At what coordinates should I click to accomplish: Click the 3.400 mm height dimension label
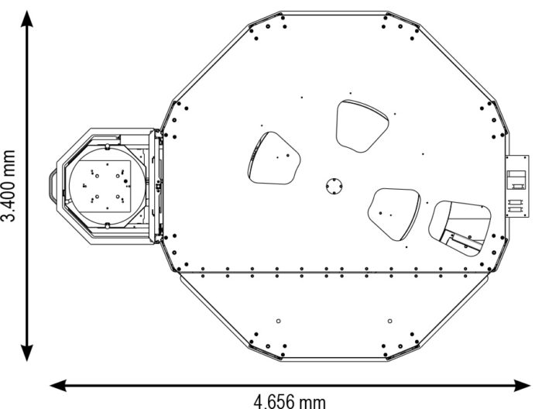tap(9, 186)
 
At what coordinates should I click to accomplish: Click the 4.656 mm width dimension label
tap(290, 401)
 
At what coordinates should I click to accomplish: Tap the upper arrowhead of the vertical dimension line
tap(27, 19)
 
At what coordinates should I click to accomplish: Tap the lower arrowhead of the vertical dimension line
tap(27, 352)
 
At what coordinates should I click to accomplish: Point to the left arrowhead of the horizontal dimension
tap(58, 386)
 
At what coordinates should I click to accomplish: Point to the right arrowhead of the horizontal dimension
tap(523, 386)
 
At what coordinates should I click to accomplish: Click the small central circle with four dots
tap(334, 186)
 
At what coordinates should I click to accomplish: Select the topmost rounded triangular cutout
tap(362, 125)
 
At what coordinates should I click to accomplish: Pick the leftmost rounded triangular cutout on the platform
tap(274, 158)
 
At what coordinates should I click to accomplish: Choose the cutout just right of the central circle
tap(394, 214)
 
